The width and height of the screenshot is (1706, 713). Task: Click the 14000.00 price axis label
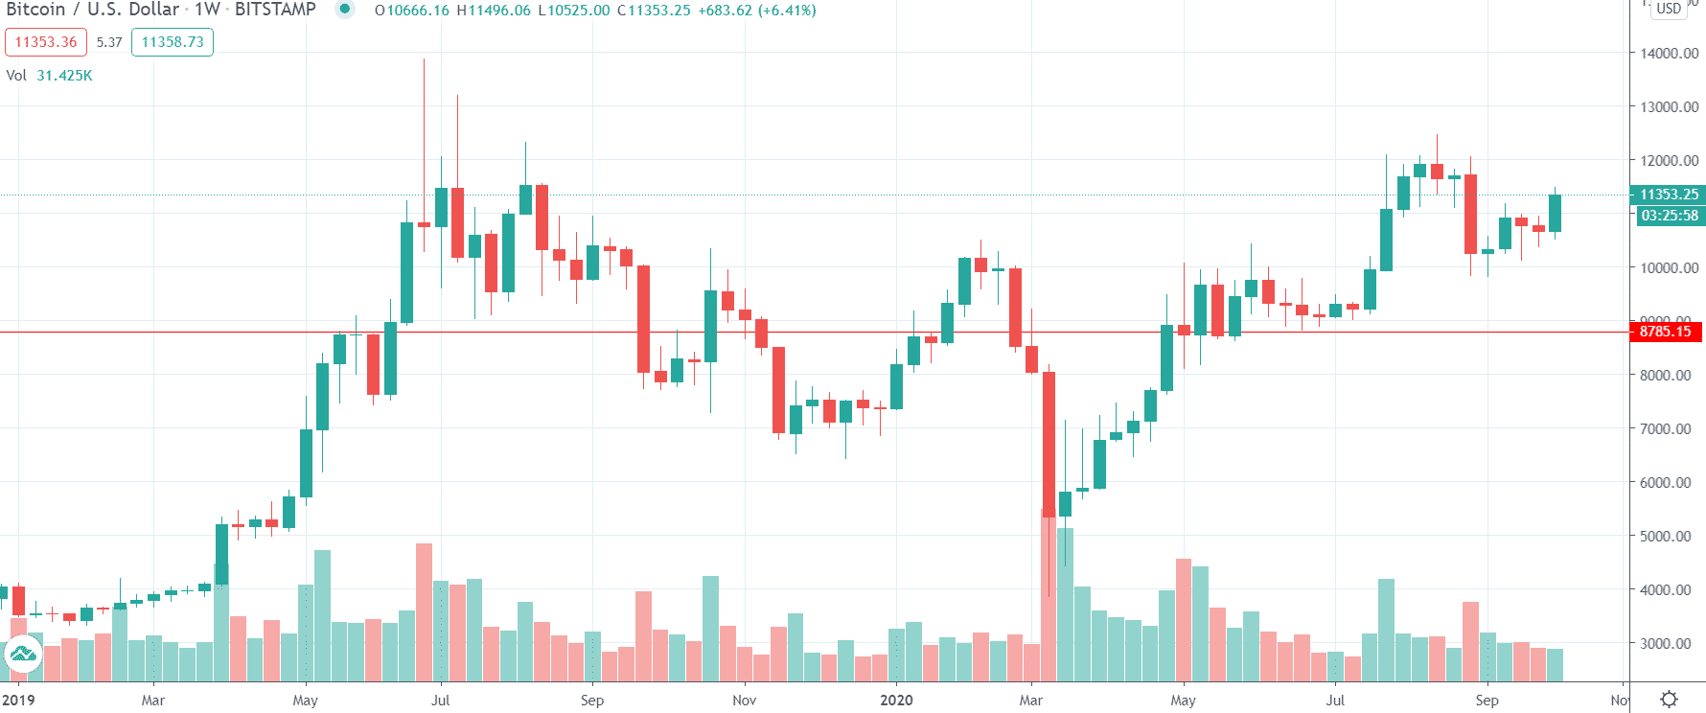(1669, 54)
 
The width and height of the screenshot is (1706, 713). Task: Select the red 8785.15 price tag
(1666, 332)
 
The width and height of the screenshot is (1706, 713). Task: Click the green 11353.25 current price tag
(1669, 195)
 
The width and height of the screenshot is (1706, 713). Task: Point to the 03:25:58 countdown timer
(1669, 216)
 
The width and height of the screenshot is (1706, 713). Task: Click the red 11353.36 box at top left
(46, 42)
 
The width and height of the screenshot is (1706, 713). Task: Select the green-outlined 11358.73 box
(173, 42)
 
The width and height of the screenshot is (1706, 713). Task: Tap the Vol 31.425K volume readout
(50, 76)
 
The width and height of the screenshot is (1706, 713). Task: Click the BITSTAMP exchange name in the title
(275, 10)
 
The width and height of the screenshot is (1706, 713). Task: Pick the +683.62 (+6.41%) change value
(757, 11)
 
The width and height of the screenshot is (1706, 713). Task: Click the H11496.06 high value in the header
(494, 11)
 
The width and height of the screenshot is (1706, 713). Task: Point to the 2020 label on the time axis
(896, 701)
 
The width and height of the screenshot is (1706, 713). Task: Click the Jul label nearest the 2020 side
(1335, 701)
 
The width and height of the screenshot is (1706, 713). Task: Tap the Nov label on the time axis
(744, 701)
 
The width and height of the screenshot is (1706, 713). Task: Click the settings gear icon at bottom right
(1669, 700)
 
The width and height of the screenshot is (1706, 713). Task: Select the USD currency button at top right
(1669, 9)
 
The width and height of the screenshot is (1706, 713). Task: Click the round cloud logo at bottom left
(22, 655)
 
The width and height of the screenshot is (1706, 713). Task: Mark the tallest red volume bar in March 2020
(1049, 594)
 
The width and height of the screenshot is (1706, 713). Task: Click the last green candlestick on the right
(1555, 213)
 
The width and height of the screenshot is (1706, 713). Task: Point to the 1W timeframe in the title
(208, 10)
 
